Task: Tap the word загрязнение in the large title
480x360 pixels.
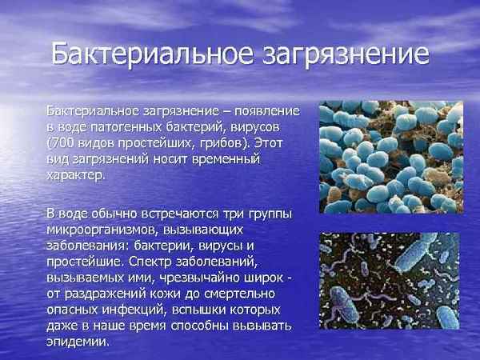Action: pos(345,55)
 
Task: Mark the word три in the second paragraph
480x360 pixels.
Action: pos(239,214)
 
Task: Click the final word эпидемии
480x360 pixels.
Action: pos(77,342)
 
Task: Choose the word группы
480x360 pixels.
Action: pos(273,214)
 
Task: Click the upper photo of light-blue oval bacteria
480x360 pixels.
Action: pos(379,157)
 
